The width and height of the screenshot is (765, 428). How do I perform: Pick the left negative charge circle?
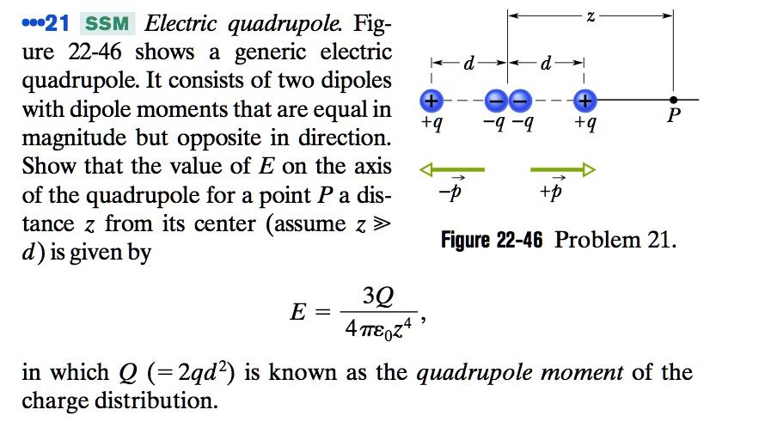(x=497, y=101)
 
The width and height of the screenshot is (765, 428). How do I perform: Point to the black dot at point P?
(x=674, y=101)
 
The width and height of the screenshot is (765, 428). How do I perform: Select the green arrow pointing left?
(x=452, y=170)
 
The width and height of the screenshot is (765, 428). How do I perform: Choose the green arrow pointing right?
(x=562, y=170)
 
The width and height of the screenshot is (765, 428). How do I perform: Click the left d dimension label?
(x=468, y=64)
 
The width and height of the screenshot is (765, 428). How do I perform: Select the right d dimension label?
(x=547, y=64)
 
